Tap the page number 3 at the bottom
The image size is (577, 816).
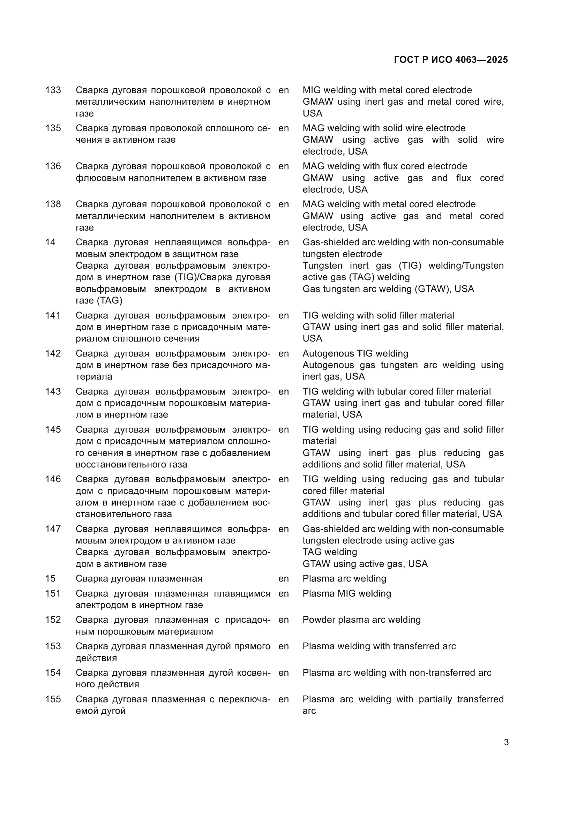click(506, 742)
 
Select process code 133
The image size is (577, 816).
click(53, 90)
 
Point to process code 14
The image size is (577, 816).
click(51, 242)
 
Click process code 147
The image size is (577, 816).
click(53, 529)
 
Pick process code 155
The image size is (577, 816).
click(53, 699)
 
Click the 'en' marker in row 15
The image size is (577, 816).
click(284, 578)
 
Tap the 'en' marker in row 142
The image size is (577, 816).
click(284, 354)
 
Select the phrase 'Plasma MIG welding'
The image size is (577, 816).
click(346, 593)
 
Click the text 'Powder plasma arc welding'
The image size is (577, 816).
click(361, 620)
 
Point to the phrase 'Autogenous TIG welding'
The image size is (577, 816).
click(355, 354)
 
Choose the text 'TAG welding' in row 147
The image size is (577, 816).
click(329, 552)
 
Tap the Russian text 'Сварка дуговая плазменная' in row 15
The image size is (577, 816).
click(139, 578)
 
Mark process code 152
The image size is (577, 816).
click(53, 620)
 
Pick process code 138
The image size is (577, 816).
click(53, 204)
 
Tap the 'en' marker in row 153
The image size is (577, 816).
click(284, 646)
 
